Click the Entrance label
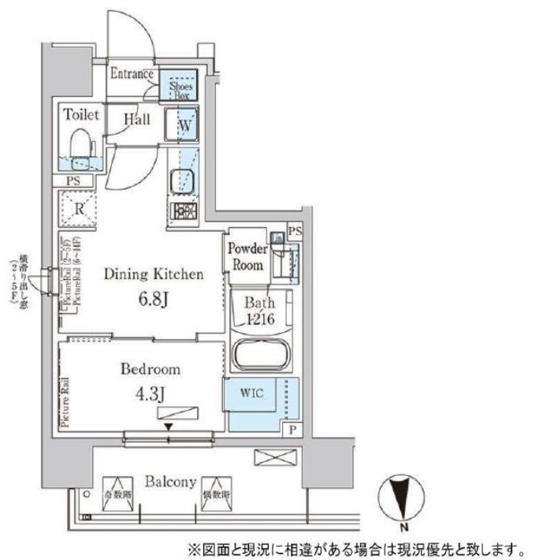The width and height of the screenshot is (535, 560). coord(132,74)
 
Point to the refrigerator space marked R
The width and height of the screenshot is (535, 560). coord(79,209)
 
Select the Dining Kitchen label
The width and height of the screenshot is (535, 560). coord(155,274)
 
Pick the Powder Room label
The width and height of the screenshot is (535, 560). coord(246,257)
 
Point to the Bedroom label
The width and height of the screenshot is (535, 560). coord(150,369)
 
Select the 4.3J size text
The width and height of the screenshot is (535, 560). coord(150,392)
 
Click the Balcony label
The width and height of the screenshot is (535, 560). coord(169,482)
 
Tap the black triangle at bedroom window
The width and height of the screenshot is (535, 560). coord(167,428)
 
